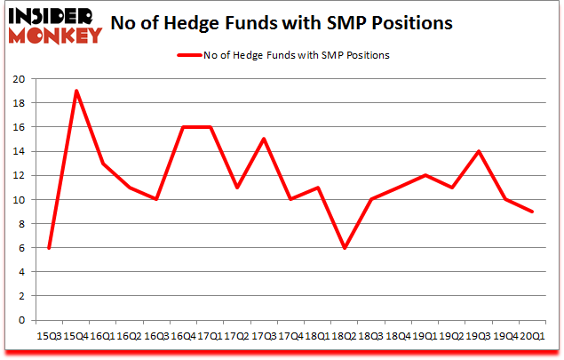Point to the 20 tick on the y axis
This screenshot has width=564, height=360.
coord(20,79)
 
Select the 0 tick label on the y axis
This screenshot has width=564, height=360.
coord(22,320)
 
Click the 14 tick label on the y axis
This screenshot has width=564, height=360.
coord(20,151)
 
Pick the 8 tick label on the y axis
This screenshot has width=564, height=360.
coord(22,224)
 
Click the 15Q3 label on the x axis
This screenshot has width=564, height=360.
coord(49,336)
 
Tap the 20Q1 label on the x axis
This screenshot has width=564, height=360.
coord(533,336)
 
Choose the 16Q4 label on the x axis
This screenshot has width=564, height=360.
coord(183,336)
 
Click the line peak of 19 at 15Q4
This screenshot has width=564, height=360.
coord(75,91)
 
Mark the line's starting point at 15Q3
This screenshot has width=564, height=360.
coord(49,247)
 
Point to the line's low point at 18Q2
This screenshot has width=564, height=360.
coord(345,247)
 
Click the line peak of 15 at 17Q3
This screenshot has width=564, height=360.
coord(264,139)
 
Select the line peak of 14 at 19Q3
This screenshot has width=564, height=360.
coord(480,151)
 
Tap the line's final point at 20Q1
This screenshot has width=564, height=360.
coord(533,211)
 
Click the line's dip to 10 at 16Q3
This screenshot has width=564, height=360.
coord(156,199)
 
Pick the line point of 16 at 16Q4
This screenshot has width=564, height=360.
coord(183,127)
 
